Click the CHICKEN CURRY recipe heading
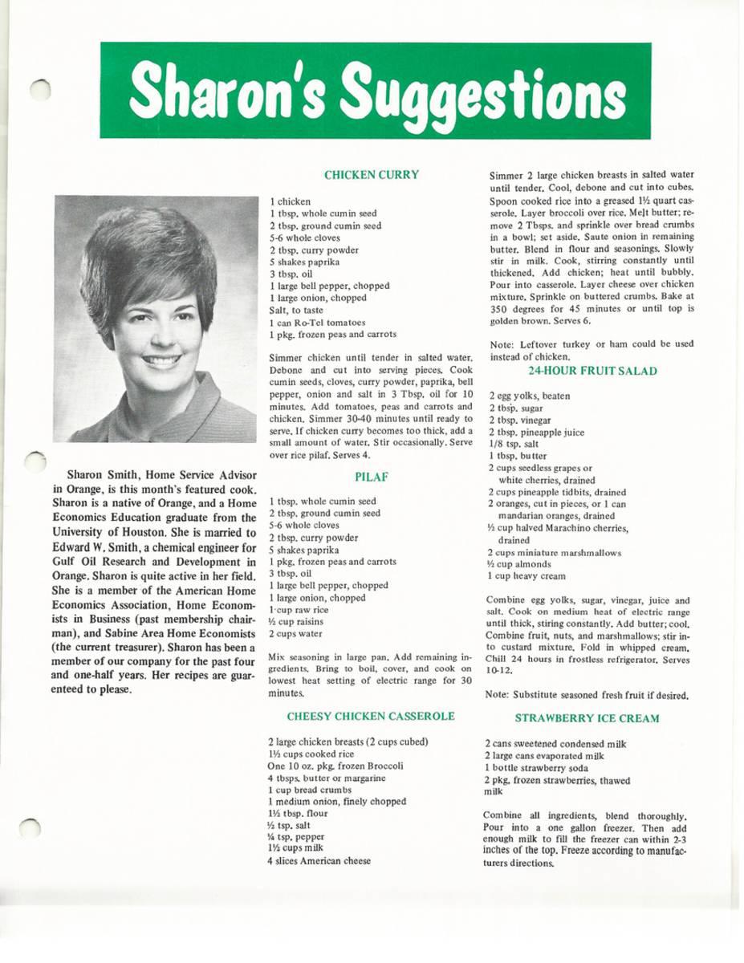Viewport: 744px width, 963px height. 371,174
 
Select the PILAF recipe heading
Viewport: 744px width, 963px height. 371,476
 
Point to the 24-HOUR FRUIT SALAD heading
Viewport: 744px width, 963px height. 592,371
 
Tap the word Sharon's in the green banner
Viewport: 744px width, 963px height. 230,91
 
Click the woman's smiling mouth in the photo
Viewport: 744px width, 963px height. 161,361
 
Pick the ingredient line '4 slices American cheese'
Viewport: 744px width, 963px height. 319,861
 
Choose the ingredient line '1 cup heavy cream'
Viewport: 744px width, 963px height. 526,576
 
